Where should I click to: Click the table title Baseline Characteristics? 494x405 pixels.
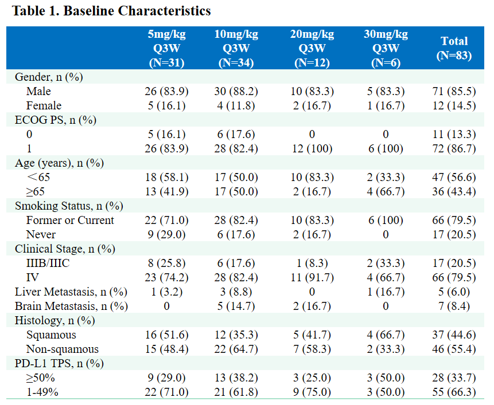109,11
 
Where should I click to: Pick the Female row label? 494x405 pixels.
44,105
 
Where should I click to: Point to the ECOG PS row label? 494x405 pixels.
55,120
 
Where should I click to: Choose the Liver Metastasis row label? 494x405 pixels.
71,292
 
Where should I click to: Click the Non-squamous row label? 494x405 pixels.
62,349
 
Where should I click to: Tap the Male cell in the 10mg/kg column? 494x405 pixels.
236,91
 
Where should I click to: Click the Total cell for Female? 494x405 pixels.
454,105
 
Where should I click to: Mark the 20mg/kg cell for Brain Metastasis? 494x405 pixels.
312,306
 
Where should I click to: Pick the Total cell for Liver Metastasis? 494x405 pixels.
454,292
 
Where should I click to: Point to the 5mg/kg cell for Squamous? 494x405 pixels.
166,335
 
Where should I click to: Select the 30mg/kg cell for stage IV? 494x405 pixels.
386,278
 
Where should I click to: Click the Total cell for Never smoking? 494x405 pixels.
454,234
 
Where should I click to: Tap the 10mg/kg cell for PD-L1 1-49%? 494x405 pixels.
236,392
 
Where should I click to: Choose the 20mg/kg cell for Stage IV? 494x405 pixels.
312,278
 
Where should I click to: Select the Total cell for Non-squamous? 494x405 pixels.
454,349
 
